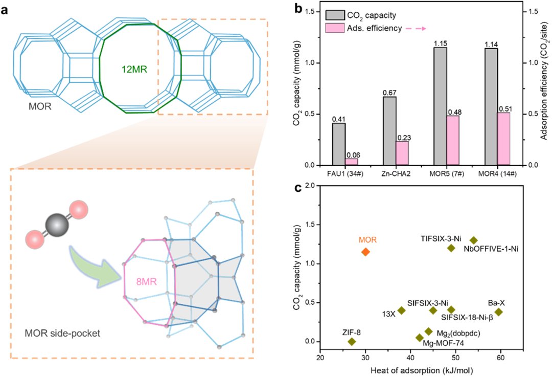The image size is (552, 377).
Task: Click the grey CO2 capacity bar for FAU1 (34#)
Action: (339, 144)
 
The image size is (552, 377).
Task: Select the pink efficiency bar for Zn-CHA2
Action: (402, 153)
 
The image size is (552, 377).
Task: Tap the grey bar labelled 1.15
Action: (440, 106)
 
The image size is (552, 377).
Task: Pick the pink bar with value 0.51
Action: (503, 139)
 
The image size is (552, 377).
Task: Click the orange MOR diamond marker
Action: (365, 252)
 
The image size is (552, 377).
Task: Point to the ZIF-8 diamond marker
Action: (352, 341)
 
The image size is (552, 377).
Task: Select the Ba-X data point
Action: (498, 312)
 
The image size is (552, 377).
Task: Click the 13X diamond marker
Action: (401, 311)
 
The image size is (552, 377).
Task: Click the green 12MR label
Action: (134, 70)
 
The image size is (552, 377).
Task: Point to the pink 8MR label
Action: (147, 282)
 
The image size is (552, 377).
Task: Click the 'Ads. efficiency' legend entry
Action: (374, 28)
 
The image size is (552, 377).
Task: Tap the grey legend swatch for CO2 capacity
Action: (335, 15)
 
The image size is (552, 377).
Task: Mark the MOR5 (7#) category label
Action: (440, 174)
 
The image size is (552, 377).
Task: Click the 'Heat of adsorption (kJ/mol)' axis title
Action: (421, 370)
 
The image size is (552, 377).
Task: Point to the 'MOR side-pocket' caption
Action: (62, 333)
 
